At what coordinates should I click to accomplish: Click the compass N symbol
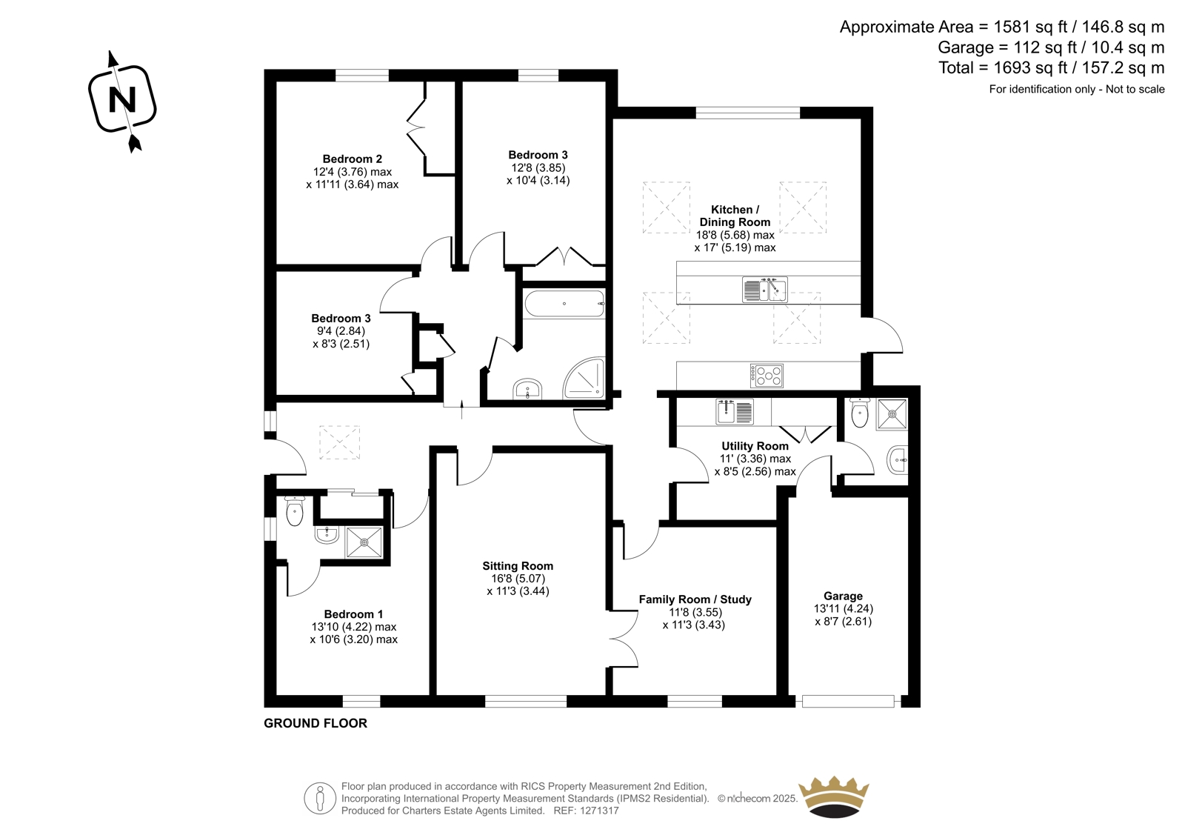point(122,99)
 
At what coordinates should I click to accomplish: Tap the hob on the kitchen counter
point(767,376)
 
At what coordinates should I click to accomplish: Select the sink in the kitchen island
point(765,290)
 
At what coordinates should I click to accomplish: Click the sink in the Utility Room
point(735,411)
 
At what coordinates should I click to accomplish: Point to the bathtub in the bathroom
point(564,303)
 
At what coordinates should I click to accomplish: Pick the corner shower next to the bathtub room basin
point(584,377)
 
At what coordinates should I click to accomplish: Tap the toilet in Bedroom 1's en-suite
point(294,511)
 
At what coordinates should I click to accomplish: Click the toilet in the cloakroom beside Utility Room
point(861,413)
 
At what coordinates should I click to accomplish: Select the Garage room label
point(844,596)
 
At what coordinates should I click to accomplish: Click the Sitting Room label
point(518,565)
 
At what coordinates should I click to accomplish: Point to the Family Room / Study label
point(695,599)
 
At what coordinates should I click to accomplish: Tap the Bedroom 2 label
point(353,159)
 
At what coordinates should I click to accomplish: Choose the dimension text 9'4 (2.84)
point(341,331)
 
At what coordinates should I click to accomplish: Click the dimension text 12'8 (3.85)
point(538,167)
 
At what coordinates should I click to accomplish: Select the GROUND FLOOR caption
point(316,723)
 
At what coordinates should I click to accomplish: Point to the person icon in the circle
point(319,799)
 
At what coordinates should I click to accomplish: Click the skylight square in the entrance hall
point(340,442)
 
